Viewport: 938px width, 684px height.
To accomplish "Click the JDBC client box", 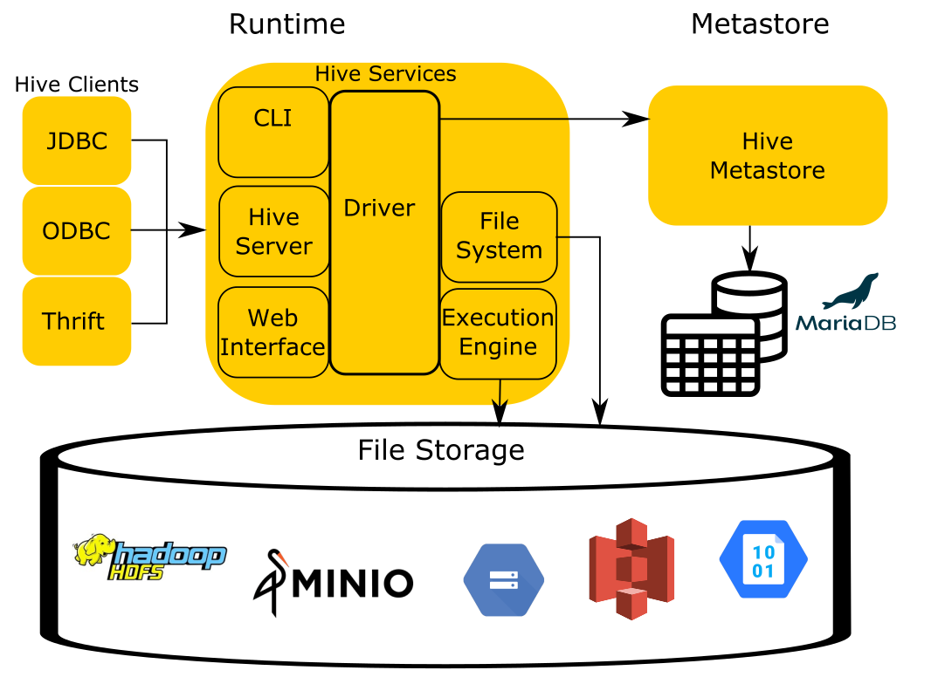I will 77,140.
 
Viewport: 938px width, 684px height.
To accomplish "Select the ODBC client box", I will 77,231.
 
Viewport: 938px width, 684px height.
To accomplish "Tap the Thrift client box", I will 77,321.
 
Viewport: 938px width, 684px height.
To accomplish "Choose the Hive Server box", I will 273,231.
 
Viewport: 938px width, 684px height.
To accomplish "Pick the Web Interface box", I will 273,332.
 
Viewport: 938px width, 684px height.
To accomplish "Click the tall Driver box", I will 384,232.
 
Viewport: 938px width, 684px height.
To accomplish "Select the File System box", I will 499,236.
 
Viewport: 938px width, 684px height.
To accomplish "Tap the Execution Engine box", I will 498,333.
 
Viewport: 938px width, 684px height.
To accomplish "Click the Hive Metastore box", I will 768,155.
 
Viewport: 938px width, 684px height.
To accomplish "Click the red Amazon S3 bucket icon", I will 631,569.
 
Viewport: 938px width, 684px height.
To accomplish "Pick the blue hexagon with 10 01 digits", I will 763,558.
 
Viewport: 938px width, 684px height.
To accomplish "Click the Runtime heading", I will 286,24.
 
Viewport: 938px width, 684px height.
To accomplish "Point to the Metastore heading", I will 760,24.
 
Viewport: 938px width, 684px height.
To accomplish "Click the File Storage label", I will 441,450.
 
